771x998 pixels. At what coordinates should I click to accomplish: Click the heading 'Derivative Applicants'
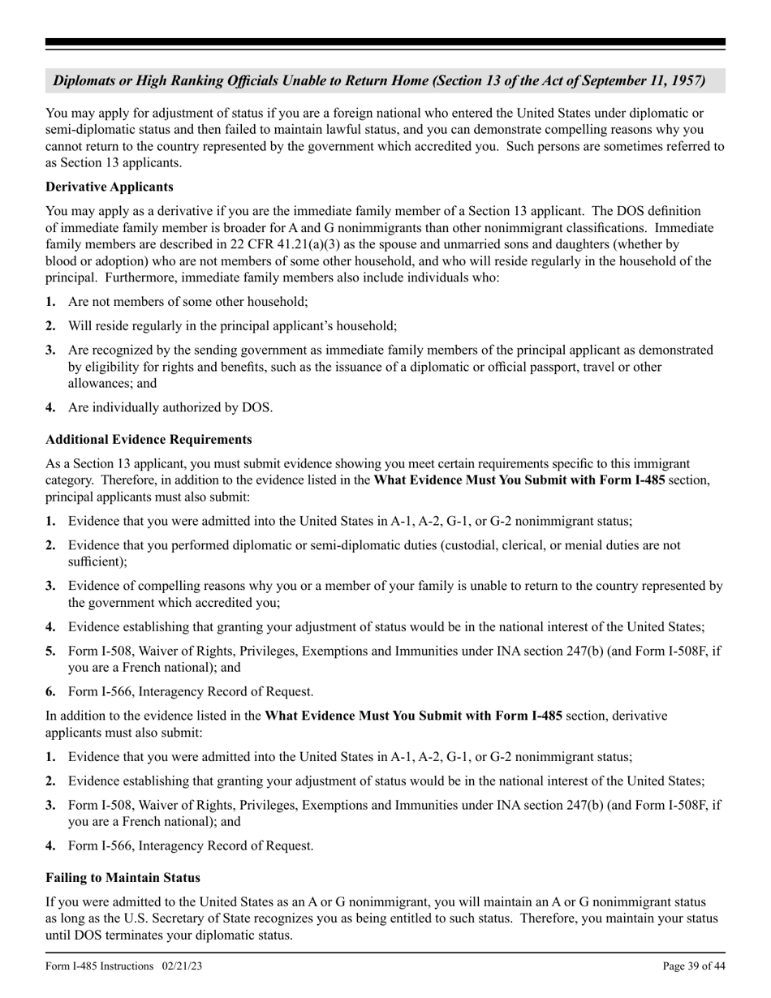click(109, 187)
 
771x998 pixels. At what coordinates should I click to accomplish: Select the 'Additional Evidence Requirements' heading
click(149, 439)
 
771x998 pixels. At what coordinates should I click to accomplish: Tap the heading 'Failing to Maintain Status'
click(123, 878)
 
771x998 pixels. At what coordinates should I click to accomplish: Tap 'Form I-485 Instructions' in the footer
click(100, 966)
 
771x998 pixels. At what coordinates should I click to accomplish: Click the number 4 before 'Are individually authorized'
click(50, 407)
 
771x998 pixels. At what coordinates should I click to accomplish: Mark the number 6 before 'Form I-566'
click(50, 692)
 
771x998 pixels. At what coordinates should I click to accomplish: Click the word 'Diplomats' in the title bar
click(86, 81)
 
